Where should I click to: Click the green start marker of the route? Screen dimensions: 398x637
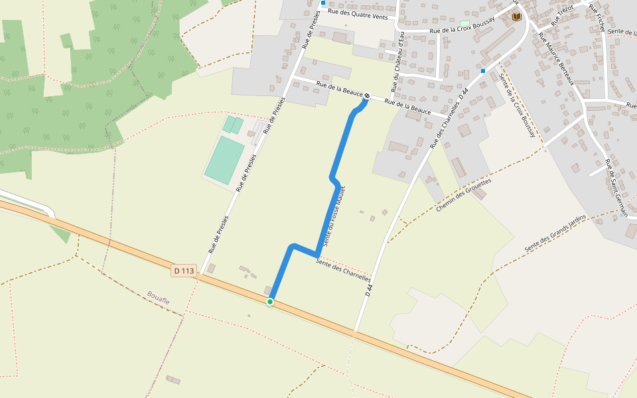[x=270, y=302]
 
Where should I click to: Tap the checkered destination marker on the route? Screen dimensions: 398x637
[x=366, y=98]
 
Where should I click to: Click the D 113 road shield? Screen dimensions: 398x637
[x=184, y=271]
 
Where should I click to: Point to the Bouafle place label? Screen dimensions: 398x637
[x=159, y=297]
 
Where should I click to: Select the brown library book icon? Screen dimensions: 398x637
[x=516, y=17]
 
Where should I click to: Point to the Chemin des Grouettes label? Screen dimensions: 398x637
[x=464, y=194]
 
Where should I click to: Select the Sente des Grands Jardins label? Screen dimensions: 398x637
[x=555, y=233]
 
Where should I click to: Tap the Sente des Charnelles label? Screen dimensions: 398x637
[x=343, y=270]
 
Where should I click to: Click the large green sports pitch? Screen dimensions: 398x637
[x=224, y=160]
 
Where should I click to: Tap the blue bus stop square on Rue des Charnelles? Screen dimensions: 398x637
[x=483, y=70]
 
